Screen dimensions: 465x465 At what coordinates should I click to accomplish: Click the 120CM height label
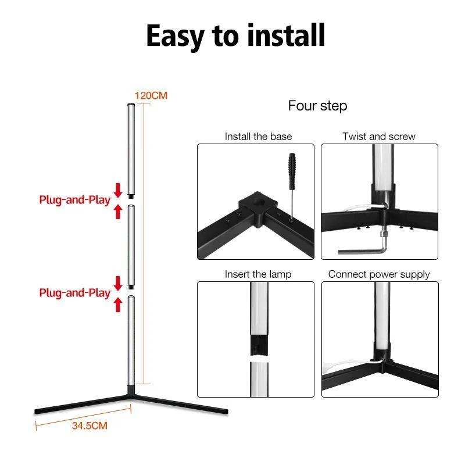151,95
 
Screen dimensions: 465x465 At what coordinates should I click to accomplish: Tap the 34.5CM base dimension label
90,425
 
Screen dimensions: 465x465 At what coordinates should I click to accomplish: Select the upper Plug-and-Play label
75,200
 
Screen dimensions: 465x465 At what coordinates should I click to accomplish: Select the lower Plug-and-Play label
75,293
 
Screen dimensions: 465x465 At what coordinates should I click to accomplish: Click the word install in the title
286,35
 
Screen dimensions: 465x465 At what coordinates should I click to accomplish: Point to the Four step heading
317,106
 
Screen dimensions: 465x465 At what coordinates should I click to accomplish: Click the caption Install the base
258,137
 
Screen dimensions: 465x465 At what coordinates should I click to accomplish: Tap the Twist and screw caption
379,137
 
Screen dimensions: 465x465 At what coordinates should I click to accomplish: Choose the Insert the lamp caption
258,274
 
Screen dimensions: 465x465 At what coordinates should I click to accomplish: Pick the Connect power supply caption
379,274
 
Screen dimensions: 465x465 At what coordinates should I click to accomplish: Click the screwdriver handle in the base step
292,171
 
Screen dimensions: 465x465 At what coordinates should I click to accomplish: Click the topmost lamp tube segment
131,151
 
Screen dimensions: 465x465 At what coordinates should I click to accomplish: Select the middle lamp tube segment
131,246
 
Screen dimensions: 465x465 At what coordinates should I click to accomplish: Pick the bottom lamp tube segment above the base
131,341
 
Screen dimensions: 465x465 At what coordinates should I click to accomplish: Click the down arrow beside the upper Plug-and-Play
118,191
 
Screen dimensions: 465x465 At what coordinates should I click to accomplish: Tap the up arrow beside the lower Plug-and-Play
118,305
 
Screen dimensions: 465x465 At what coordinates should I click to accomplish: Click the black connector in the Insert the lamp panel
259,345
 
